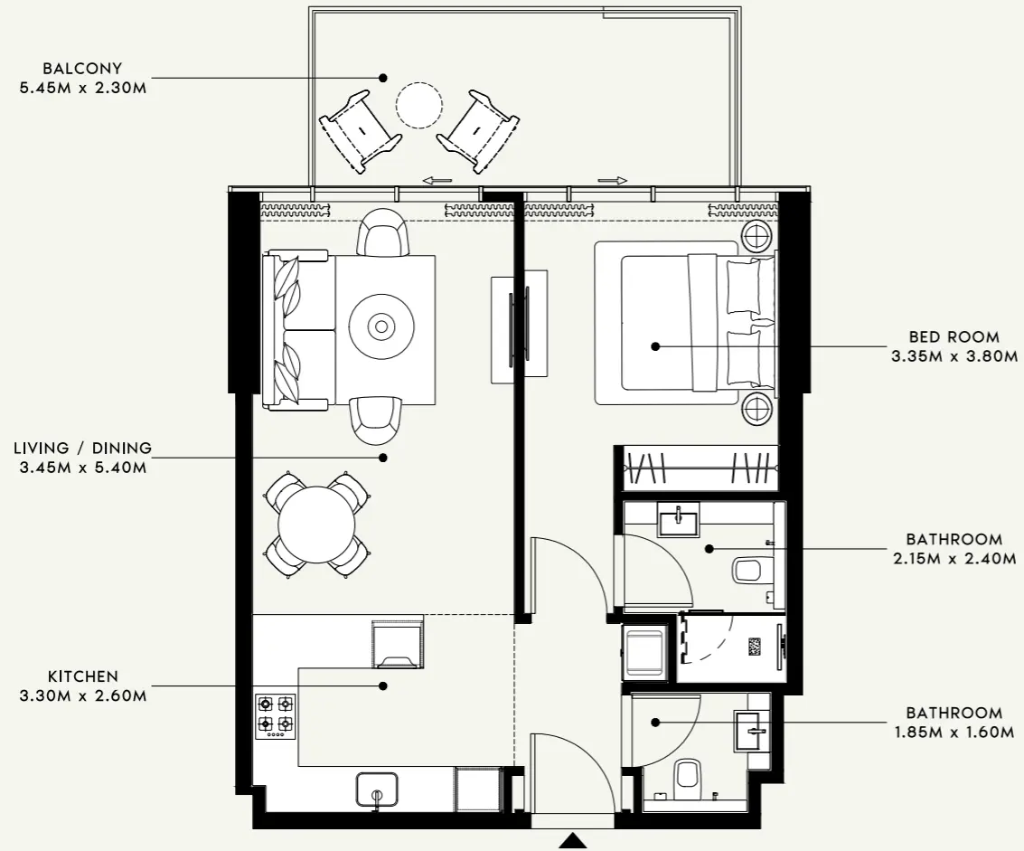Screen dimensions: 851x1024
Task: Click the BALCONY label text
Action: (82, 69)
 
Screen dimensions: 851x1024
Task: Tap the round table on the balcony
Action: (419, 105)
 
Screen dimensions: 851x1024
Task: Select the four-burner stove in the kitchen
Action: (276, 714)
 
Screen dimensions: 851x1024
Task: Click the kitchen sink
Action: (377, 790)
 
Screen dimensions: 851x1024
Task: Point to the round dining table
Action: (317, 525)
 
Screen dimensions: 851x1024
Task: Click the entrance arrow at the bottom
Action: (571, 842)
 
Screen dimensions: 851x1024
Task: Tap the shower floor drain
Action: (755, 646)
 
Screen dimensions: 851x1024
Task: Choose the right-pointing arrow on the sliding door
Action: (612, 181)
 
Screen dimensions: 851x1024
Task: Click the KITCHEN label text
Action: (82, 676)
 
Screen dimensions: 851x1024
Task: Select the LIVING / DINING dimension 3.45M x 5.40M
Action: (82, 468)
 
